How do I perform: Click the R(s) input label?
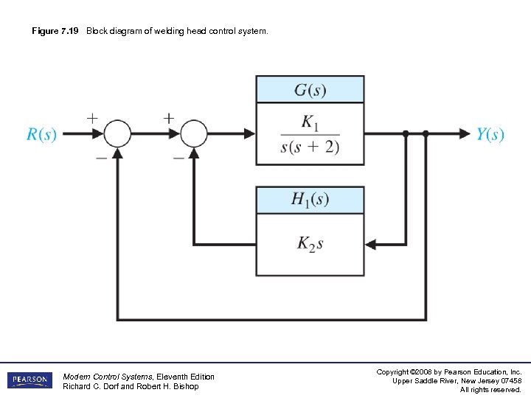[x=42, y=134]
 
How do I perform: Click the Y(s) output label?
[x=490, y=134]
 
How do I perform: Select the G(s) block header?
[x=310, y=90]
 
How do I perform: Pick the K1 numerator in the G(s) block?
[x=310, y=122]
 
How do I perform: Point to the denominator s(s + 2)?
[x=310, y=146]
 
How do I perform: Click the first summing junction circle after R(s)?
[x=117, y=133]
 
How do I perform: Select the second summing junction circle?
[x=194, y=133]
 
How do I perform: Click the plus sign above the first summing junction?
[x=92, y=117]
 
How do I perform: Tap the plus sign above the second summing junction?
[x=169, y=117]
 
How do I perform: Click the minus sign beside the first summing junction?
[x=100, y=157]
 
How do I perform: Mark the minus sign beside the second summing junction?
[x=178, y=157]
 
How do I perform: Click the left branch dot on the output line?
[x=406, y=133]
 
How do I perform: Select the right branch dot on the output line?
[x=426, y=133]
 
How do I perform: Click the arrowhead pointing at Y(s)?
[x=464, y=133]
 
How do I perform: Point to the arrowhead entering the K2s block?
[x=371, y=244]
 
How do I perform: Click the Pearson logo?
[x=30, y=380]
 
